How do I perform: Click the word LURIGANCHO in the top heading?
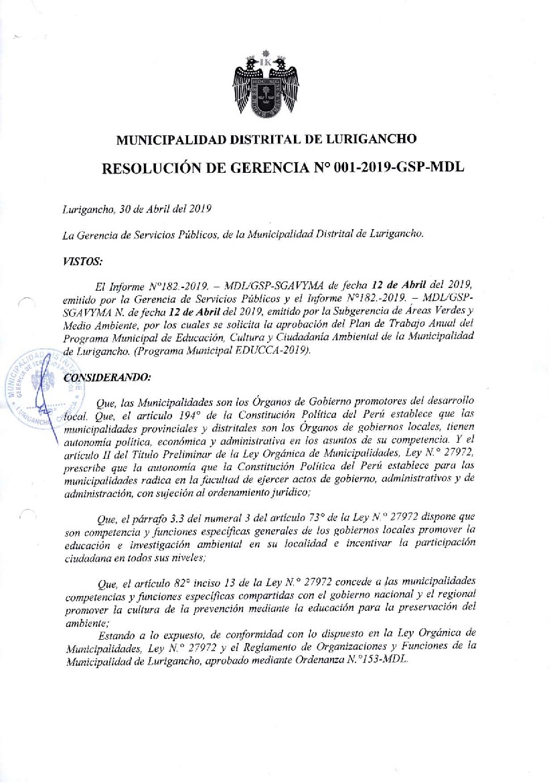372,139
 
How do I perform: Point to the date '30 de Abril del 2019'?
165,208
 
